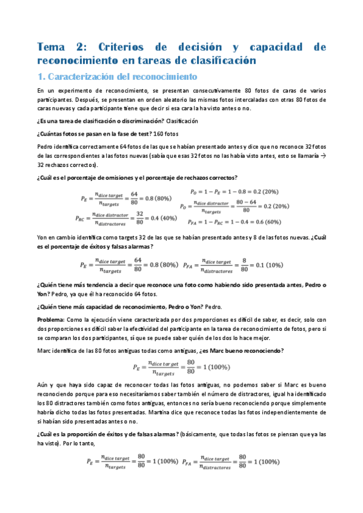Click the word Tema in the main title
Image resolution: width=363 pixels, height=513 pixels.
point(51,48)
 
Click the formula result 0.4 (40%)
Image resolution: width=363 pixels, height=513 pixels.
point(159,218)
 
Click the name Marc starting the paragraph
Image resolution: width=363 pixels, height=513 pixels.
point(45,351)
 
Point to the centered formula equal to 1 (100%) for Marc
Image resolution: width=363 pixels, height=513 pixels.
point(181,367)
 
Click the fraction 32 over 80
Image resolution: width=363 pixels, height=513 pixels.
point(139,218)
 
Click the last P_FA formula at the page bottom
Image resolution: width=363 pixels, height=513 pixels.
point(232,461)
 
